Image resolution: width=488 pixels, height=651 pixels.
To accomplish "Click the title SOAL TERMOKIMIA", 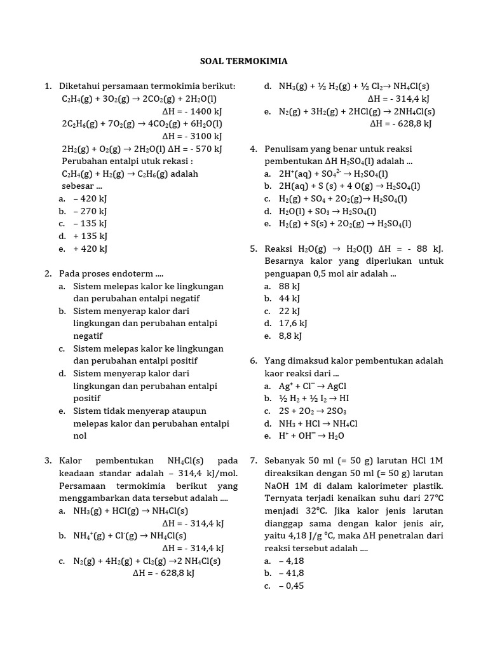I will click(244, 62).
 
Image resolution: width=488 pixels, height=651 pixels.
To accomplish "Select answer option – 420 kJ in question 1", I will click(90, 198).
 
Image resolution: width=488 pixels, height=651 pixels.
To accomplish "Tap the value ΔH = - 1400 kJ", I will click(192, 111).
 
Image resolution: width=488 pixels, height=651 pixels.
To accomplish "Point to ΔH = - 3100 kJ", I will click(192, 136).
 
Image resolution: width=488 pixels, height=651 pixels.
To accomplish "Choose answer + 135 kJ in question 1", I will click(90, 236).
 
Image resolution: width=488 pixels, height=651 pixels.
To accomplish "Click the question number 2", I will click(48, 273).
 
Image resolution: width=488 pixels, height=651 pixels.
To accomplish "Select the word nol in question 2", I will click(80, 436).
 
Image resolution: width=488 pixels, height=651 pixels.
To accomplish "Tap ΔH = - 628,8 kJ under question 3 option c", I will click(163, 573).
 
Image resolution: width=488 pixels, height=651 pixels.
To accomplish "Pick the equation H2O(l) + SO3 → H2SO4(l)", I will click(328, 211).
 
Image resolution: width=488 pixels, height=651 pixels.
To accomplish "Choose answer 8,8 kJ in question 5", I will click(290, 336).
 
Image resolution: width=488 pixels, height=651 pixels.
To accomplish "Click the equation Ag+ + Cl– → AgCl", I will click(313, 386).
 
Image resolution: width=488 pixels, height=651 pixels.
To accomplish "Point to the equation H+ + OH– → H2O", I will click(312, 436).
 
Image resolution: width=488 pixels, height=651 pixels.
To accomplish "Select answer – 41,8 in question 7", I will click(292, 573).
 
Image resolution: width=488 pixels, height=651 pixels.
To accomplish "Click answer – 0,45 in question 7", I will click(292, 586).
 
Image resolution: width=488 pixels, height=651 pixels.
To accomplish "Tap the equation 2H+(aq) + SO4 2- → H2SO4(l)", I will click(334, 174).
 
